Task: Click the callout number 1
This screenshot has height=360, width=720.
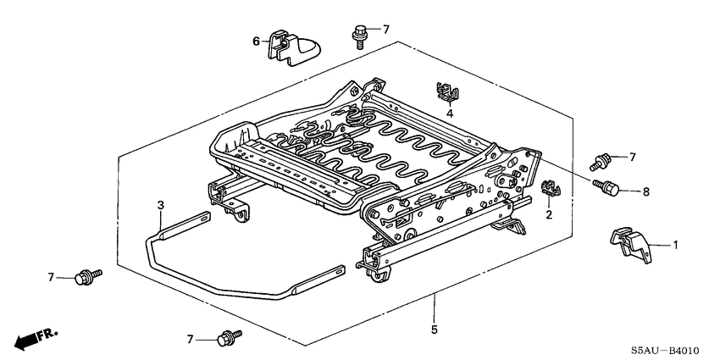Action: [676, 246]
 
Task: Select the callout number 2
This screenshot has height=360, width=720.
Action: [548, 216]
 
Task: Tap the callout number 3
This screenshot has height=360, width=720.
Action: [160, 205]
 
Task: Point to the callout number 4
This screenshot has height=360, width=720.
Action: [451, 113]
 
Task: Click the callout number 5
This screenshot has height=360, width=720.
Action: [434, 330]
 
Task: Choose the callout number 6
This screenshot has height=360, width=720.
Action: [256, 41]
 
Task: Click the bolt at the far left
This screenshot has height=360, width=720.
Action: [86, 276]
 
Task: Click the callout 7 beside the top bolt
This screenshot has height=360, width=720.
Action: [385, 30]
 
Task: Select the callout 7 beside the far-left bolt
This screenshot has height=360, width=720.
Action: [52, 277]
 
